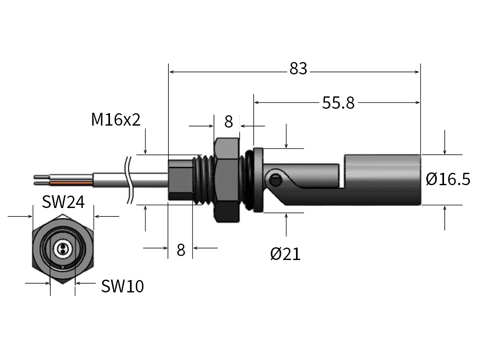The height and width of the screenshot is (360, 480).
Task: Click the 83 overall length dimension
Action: pos(298,69)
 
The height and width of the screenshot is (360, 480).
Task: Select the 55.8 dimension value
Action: pos(338,103)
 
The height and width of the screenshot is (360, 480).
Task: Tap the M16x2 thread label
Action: pos(116,120)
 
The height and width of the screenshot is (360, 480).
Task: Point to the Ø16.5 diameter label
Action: pos(448,179)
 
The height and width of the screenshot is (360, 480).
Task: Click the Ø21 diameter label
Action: pos(285,254)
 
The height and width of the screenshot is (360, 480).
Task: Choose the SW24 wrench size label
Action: pos(63,202)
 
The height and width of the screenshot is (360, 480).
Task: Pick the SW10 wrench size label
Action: pos(122,286)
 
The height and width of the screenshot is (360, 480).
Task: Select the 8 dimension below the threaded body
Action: pos(181,250)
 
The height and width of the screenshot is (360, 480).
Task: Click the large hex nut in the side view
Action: pos(227,180)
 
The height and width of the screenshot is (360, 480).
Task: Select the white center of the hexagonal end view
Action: pos(62,249)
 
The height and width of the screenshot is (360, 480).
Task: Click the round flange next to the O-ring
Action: pos(258,180)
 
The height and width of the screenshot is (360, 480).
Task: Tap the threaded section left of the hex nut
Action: pos(204,180)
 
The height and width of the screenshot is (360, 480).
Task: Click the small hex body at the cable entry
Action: pos(180,180)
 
